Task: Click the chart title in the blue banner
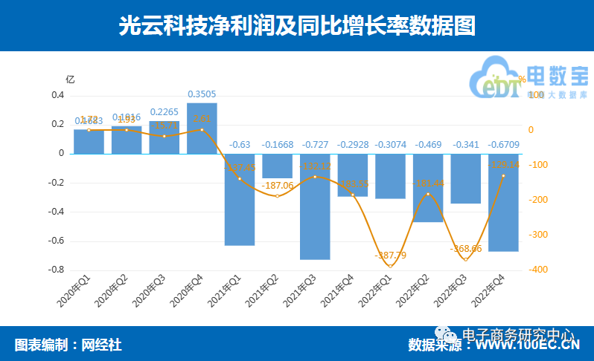click(x=297, y=26)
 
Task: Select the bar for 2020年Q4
click(x=202, y=129)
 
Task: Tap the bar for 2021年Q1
click(x=240, y=199)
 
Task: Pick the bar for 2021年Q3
click(x=315, y=206)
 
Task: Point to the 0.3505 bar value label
click(x=202, y=94)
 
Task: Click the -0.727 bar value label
click(x=315, y=144)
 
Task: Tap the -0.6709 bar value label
click(x=504, y=144)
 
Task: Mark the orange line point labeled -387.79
click(x=390, y=266)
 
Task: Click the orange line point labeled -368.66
click(x=466, y=259)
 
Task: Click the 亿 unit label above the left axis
click(x=70, y=79)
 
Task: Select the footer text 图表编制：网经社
click(x=68, y=345)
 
